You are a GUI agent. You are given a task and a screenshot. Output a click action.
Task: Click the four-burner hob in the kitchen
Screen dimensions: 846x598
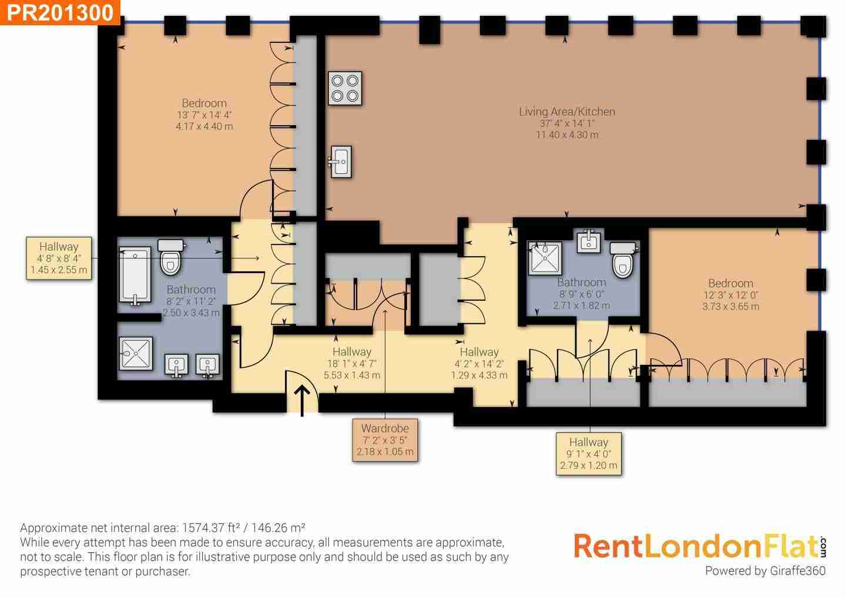point(345,88)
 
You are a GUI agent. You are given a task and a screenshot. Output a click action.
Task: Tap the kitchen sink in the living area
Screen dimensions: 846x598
point(341,162)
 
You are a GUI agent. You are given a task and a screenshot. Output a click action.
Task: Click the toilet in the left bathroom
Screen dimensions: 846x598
point(171,257)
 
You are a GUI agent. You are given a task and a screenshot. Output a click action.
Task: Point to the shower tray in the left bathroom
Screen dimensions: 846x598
point(136,354)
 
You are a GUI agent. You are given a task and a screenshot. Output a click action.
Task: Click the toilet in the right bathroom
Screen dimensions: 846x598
point(623,260)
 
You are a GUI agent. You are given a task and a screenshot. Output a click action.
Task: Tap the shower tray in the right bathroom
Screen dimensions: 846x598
point(545,258)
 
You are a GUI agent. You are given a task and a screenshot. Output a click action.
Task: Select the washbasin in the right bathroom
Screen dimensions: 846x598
point(589,241)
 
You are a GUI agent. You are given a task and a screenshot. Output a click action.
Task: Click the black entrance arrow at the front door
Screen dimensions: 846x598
point(302,401)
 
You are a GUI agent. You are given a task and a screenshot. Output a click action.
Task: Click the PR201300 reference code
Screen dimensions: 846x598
point(60,12)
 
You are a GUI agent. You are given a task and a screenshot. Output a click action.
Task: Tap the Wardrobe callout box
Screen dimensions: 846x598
point(385,440)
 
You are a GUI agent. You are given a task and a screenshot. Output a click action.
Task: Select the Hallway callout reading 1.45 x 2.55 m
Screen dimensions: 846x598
point(59,258)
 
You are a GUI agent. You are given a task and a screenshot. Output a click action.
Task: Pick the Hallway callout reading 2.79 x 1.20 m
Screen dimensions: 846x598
point(589,453)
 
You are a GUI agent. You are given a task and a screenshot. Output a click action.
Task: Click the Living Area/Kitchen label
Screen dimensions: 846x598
point(567,112)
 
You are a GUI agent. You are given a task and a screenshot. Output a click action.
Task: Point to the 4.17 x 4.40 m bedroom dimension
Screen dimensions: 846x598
point(204,126)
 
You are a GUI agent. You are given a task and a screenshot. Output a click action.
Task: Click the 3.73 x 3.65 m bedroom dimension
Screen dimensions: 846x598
point(730,306)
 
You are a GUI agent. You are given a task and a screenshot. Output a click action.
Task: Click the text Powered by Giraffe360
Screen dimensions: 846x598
point(765,571)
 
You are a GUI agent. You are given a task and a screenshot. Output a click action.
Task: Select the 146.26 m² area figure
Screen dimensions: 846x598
point(278,528)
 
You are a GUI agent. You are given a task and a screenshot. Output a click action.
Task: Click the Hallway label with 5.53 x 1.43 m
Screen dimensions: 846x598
point(351,363)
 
